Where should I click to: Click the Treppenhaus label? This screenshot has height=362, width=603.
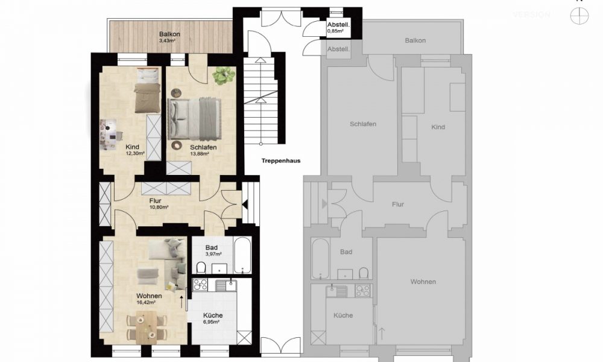[x=281, y=161]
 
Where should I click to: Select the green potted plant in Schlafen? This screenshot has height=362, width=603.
[x=224, y=75]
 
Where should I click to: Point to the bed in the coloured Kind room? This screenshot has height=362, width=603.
[x=147, y=91]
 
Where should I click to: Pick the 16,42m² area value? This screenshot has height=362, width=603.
[x=148, y=303]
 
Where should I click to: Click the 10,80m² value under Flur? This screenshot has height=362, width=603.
[x=158, y=207]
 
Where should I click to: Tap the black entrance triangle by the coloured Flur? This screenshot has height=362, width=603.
[x=245, y=205]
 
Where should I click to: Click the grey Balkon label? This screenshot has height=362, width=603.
[x=415, y=40]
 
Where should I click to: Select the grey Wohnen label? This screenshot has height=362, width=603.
[x=423, y=282]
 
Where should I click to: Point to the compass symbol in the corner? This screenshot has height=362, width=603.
[x=579, y=16]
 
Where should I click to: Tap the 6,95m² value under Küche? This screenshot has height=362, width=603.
[x=212, y=323]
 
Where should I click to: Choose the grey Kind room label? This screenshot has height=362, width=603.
[x=438, y=127]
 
